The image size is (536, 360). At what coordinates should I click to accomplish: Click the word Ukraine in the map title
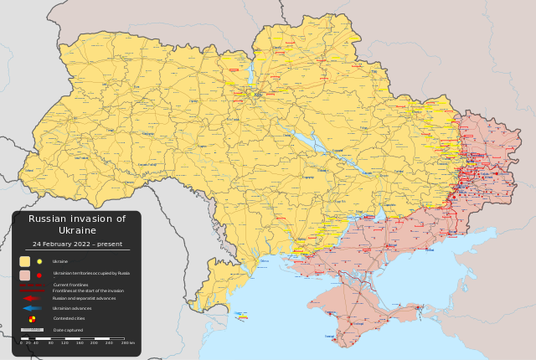[x=77, y=230]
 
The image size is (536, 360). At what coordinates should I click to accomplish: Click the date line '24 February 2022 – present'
[x=76, y=244]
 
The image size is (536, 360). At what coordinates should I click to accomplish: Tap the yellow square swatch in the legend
[x=25, y=261]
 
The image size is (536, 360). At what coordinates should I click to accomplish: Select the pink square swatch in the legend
[x=25, y=275]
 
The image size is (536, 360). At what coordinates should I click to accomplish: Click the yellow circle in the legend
[x=39, y=261]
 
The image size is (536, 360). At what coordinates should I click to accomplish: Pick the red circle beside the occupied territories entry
[x=39, y=275]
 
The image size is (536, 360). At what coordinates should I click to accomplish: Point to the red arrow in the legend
[x=32, y=298]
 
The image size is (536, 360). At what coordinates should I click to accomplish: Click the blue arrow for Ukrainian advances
[x=32, y=308]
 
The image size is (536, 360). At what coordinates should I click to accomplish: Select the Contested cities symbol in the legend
[x=33, y=319]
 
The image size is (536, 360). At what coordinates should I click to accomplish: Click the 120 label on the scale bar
[x=64, y=343]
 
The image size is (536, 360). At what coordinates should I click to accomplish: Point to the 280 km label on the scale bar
[x=127, y=343]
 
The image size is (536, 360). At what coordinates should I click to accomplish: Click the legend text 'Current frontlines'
[x=70, y=285]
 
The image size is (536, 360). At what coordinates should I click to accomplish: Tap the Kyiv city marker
[x=257, y=95]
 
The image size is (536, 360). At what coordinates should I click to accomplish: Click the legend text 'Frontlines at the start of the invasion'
[x=88, y=291]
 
